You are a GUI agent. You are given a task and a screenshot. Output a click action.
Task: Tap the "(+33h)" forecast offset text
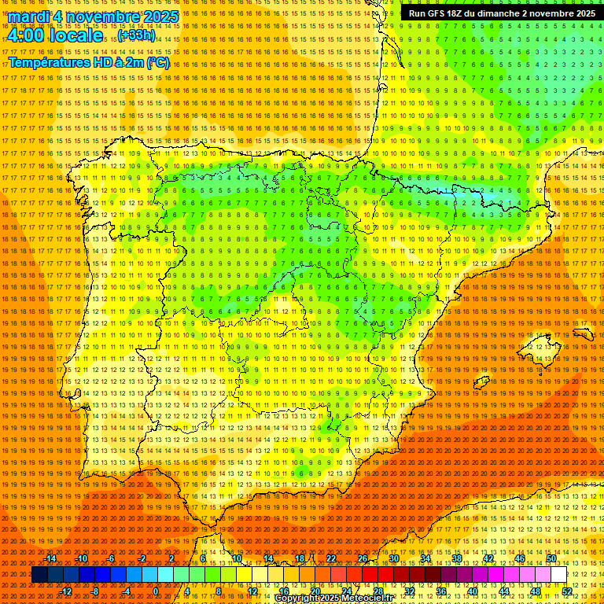(137, 35)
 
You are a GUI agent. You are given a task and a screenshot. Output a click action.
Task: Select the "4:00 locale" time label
(55, 36)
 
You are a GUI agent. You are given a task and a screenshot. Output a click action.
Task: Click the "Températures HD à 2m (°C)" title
(89, 62)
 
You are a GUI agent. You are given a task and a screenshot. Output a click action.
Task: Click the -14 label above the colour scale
(50, 559)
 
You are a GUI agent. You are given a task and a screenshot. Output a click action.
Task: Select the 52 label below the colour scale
(567, 591)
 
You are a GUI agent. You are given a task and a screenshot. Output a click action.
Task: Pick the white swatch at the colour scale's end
(559, 575)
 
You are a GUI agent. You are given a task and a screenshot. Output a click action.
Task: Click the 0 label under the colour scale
(156, 591)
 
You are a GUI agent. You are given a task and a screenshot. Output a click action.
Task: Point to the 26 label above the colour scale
(363, 559)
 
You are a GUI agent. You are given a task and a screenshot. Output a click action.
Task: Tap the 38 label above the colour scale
(456, 559)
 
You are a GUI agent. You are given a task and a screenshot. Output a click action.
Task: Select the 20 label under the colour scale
(315, 591)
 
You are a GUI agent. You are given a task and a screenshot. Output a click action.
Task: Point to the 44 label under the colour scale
(503, 591)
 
